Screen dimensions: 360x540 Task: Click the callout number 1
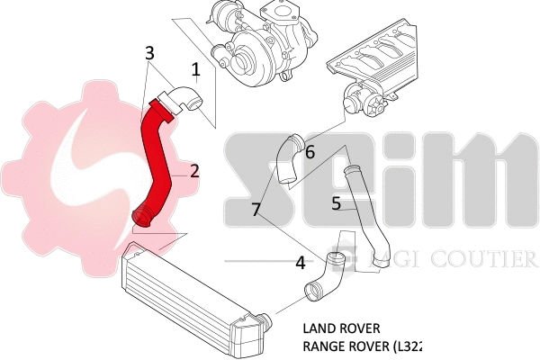[195, 67]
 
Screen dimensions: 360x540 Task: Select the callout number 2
[193, 170]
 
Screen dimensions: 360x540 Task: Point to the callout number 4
[299, 264]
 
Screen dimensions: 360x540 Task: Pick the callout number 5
[336, 203]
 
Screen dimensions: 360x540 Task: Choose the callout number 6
[309, 152]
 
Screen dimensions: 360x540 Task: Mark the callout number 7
[257, 210]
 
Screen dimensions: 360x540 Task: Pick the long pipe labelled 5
[364, 211]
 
